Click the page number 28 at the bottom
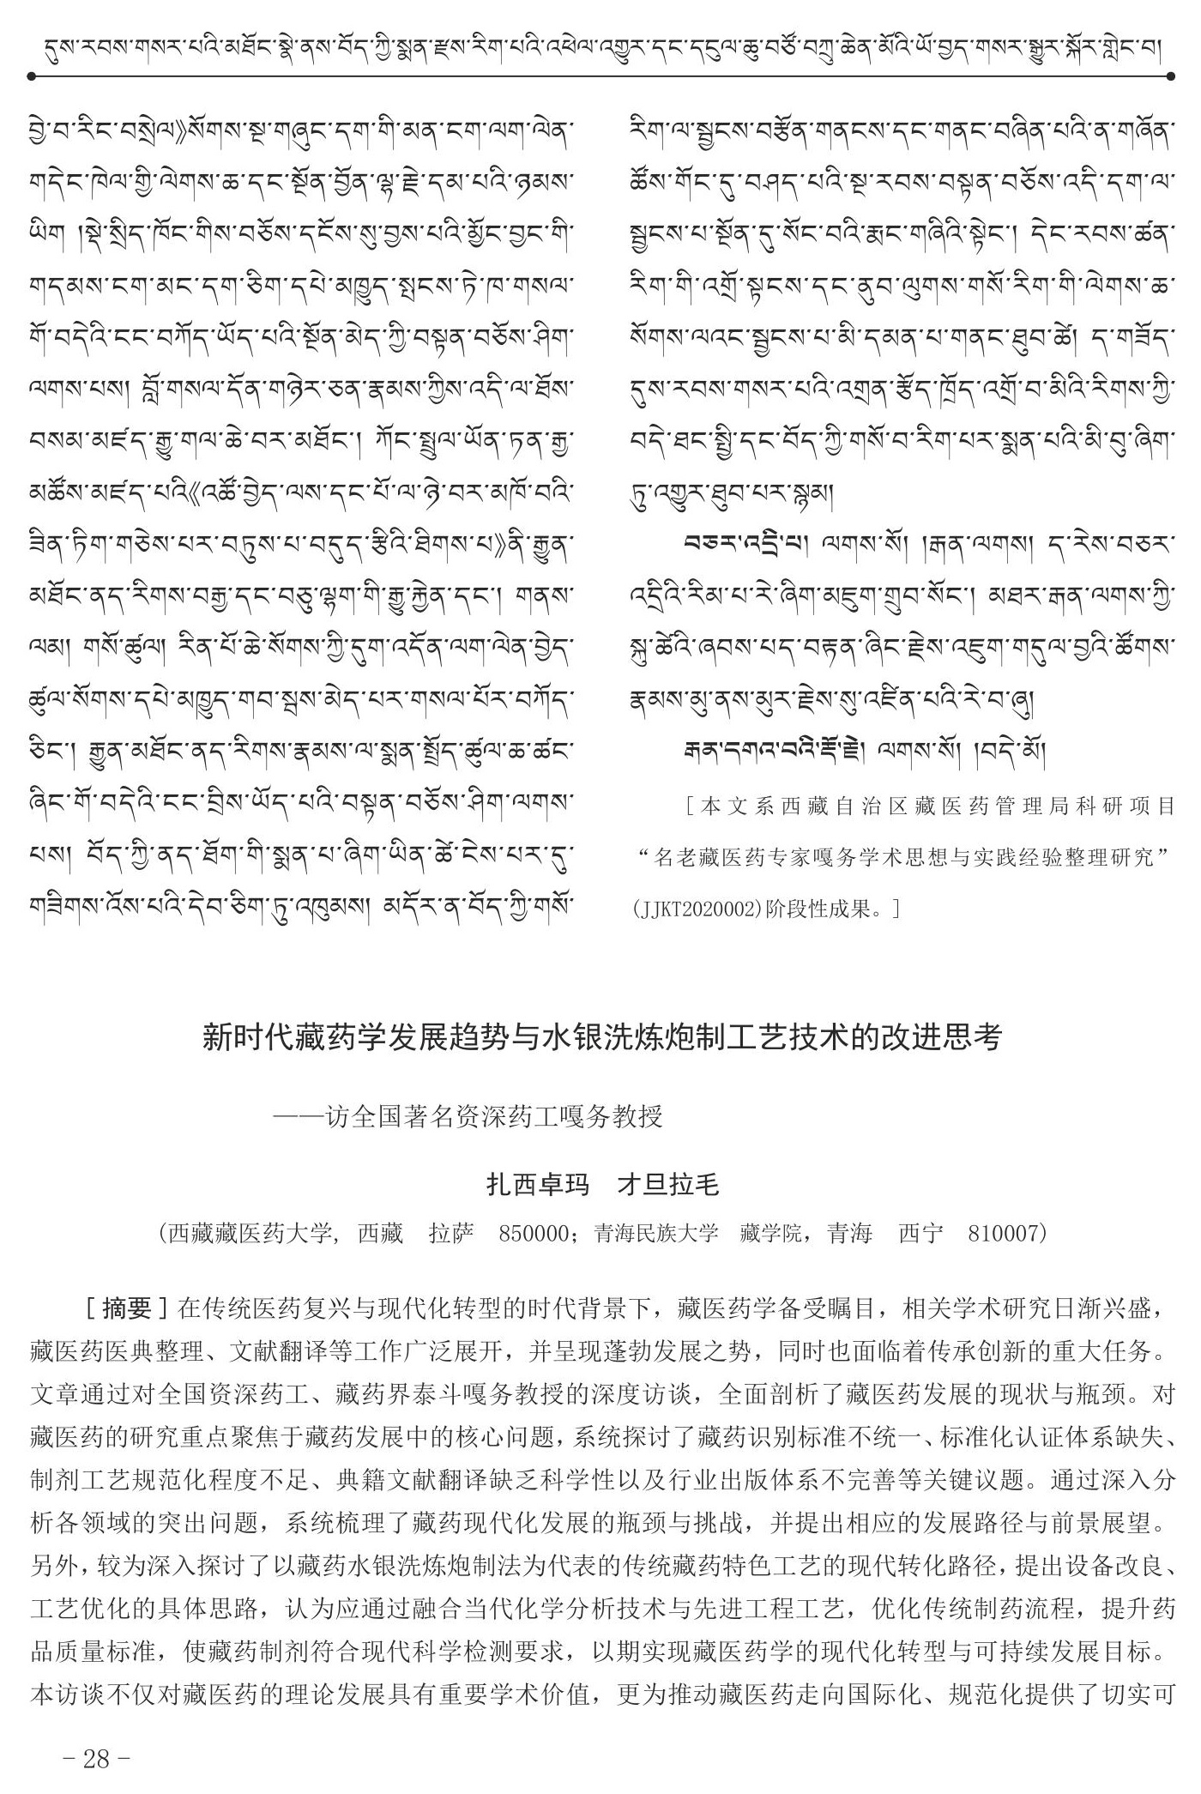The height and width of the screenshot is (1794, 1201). click(x=96, y=1759)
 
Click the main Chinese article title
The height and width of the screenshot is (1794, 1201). click(x=600, y=1037)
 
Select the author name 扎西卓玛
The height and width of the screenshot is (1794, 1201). click(x=538, y=1185)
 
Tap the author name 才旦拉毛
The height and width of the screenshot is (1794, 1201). click(x=668, y=1185)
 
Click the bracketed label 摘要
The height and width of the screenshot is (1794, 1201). click(x=126, y=1308)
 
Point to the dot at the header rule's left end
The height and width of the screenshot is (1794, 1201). click(x=32, y=76)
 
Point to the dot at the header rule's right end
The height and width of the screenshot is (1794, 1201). click(x=1170, y=76)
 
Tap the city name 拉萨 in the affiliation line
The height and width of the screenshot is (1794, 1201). click(x=451, y=1234)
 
